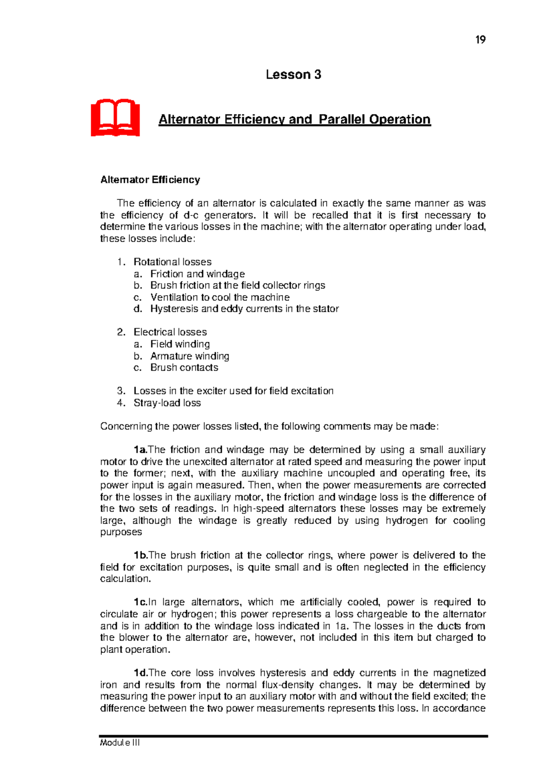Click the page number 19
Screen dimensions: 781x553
coord(480,40)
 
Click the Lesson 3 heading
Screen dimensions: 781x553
coord(293,75)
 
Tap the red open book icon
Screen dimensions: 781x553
coord(115,117)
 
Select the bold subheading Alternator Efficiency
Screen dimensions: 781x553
coord(150,180)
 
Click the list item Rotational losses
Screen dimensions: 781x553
coord(172,262)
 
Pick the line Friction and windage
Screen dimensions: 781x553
coord(197,274)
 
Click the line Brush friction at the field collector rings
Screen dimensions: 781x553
coord(237,285)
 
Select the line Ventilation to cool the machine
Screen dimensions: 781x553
coord(220,297)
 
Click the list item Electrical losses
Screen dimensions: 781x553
coord(170,332)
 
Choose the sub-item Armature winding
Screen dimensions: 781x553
coord(189,356)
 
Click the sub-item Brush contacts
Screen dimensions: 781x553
coord(184,367)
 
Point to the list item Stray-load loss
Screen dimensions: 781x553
coord(167,403)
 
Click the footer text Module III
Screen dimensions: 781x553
coord(120,743)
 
